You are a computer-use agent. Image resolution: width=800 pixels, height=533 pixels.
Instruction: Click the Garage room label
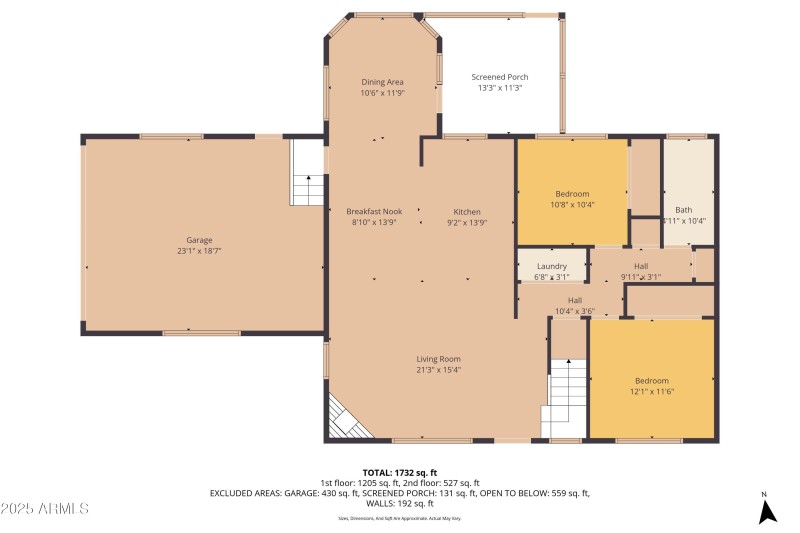point(200,240)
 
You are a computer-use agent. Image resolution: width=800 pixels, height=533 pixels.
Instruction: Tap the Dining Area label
point(382,82)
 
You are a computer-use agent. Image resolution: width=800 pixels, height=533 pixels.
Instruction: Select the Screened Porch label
point(500,77)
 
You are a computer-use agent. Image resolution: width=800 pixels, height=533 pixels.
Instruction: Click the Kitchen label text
point(467,212)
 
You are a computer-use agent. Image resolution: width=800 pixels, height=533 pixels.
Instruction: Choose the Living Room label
point(438,359)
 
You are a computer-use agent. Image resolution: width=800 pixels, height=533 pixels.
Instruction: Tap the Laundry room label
point(552,266)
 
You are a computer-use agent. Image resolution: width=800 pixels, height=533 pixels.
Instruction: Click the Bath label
point(683,210)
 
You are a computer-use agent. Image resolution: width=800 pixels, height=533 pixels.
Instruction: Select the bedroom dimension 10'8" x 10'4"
point(573,205)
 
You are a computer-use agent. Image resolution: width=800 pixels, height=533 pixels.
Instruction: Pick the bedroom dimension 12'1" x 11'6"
point(652,392)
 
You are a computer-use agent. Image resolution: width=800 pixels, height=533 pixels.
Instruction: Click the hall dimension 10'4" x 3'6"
point(575,311)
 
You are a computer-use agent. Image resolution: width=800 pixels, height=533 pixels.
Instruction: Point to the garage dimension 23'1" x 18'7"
point(200,251)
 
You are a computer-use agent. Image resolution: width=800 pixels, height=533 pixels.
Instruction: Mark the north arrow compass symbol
point(767,511)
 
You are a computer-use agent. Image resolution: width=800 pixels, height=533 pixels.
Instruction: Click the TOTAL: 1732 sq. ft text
point(400,472)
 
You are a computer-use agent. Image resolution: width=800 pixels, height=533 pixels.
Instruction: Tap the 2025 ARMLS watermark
point(46,508)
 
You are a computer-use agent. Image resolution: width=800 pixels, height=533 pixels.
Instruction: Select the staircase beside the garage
point(308,175)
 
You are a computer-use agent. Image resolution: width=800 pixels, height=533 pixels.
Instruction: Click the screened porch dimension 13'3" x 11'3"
point(500,88)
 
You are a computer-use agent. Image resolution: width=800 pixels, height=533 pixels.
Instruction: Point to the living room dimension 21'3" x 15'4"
point(438,370)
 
